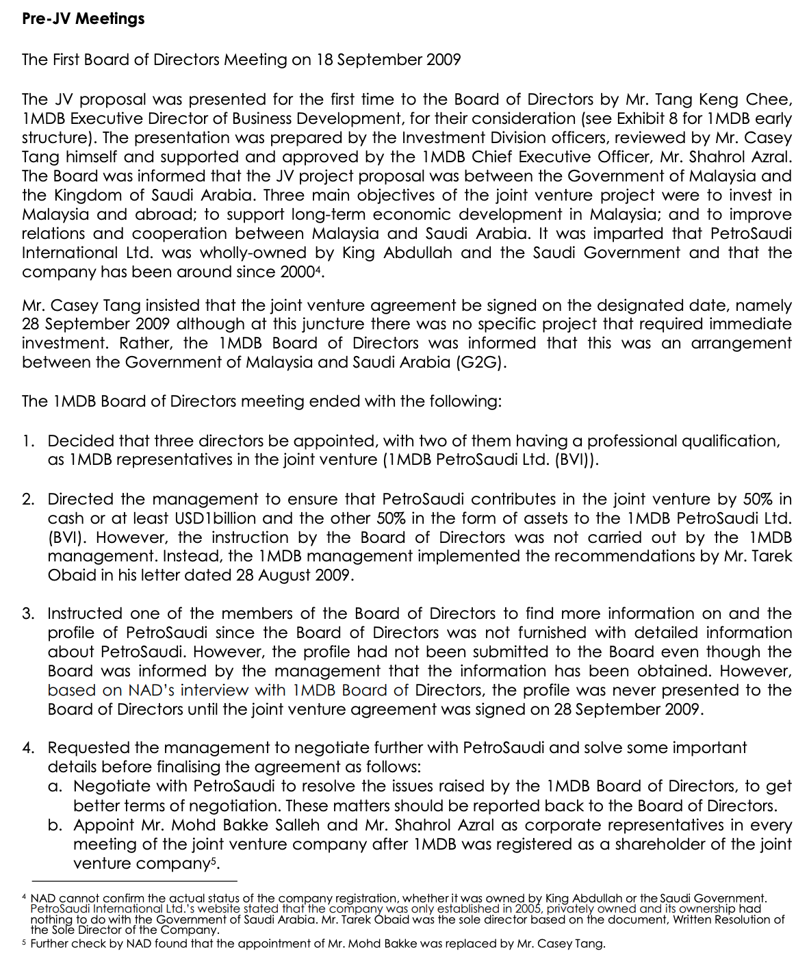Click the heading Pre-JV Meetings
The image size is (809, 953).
click(x=83, y=18)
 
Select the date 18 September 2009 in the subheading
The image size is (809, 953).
click(x=388, y=60)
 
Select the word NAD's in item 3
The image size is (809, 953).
click(x=153, y=690)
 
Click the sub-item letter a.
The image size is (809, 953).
click(x=55, y=786)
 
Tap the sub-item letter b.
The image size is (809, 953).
click(x=55, y=825)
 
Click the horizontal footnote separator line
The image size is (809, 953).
click(x=134, y=881)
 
